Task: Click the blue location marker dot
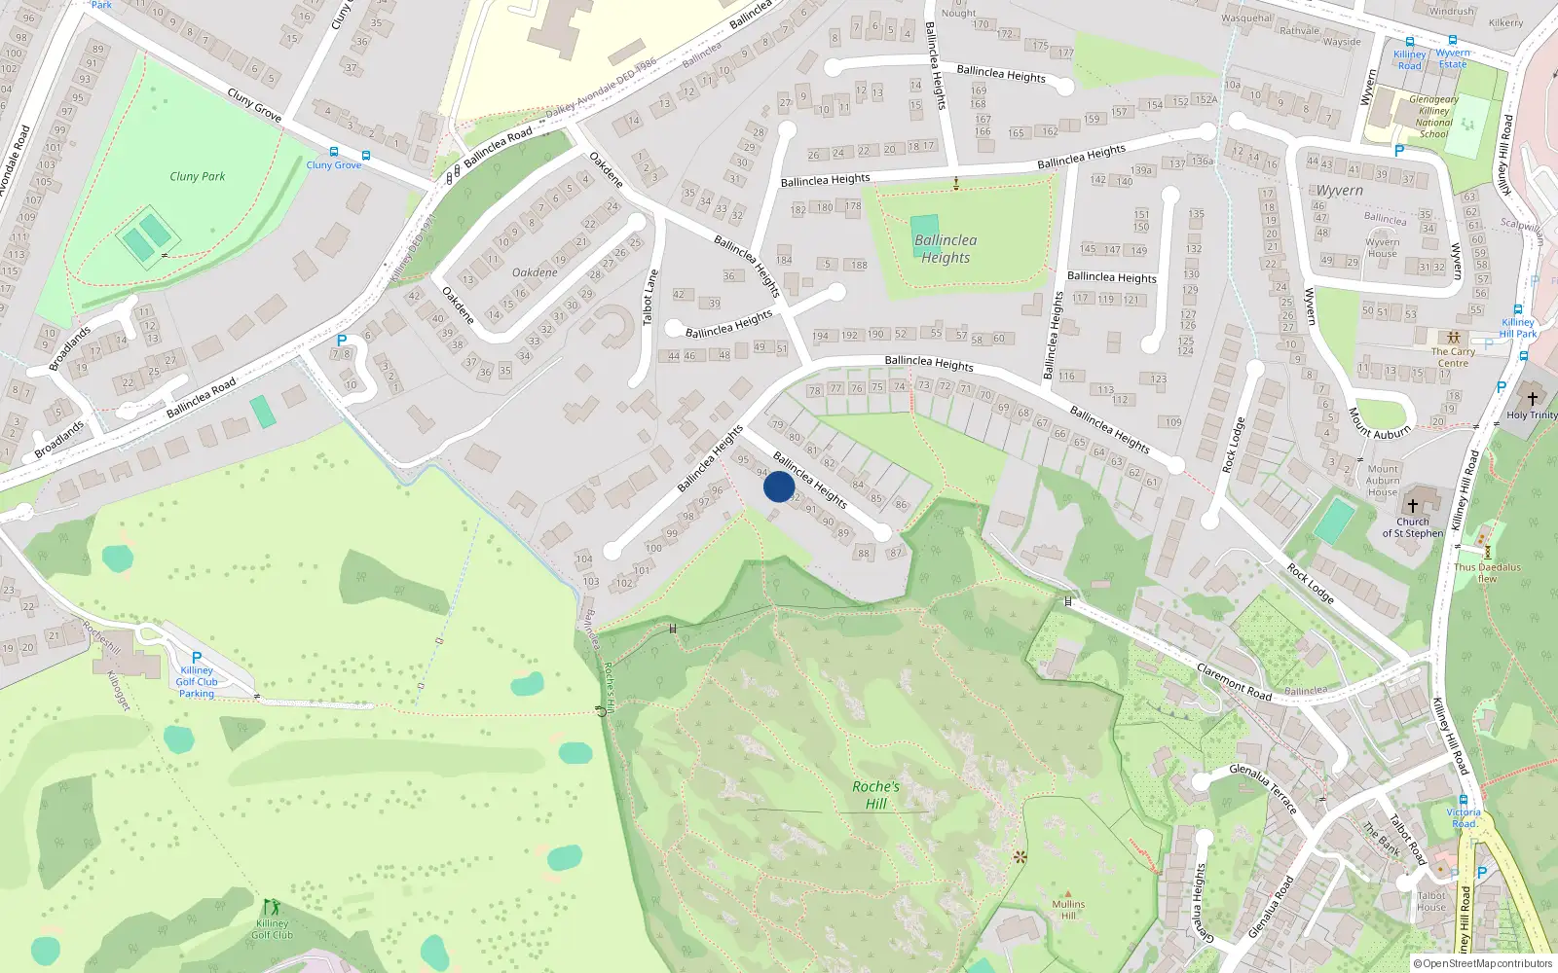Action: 779,486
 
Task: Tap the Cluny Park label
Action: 197,176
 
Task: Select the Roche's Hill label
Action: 876,794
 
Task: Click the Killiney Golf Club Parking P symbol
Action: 197,658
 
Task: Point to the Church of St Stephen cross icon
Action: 1413,506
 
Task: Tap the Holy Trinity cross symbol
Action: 1532,399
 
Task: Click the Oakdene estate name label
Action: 535,272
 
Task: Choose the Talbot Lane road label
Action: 649,297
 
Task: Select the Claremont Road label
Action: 1234,681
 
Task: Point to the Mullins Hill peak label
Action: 1068,909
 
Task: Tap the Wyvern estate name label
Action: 1340,191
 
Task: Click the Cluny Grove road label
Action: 254,105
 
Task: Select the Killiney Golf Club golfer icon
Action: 272,907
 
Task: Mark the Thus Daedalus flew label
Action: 1487,572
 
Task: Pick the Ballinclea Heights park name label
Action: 946,249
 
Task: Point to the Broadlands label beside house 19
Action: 70,348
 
